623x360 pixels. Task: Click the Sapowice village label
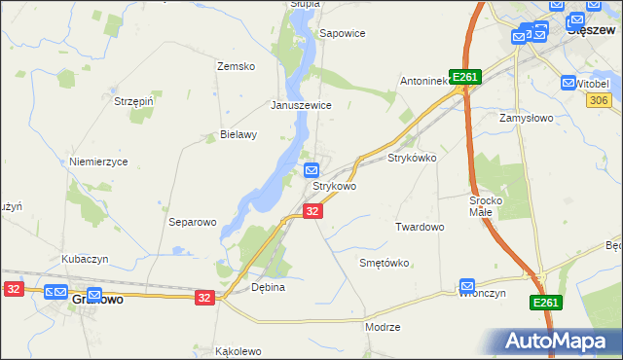click(x=343, y=33)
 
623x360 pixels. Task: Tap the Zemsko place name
click(x=236, y=66)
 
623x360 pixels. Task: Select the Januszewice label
click(x=302, y=105)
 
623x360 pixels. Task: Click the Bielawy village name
click(x=238, y=135)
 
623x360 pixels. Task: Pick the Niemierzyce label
click(x=98, y=162)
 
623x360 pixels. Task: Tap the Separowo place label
click(x=192, y=222)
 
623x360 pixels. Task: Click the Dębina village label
click(x=268, y=287)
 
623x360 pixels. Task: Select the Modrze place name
click(x=383, y=327)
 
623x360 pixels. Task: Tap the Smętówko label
click(x=385, y=263)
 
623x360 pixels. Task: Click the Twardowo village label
click(x=420, y=226)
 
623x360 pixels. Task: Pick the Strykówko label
click(x=412, y=157)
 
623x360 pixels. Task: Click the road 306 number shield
click(x=600, y=100)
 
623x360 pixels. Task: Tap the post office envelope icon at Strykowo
click(x=311, y=170)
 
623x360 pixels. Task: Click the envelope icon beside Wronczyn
click(x=466, y=288)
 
